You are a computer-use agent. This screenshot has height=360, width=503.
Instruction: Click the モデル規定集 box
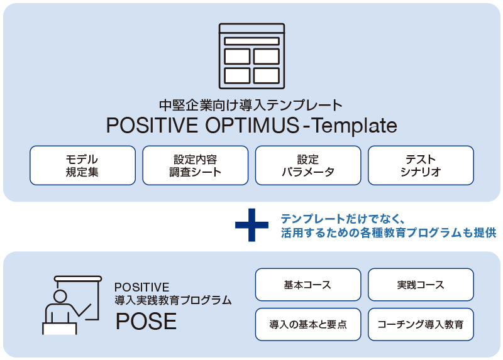(x=82, y=165)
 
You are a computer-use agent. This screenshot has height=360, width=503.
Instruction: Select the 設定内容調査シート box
(x=196, y=165)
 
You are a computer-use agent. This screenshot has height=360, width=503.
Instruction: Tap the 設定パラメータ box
(x=308, y=165)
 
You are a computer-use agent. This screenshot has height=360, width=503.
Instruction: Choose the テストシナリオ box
(x=421, y=165)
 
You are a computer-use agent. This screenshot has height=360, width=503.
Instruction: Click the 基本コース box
(x=308, y=285)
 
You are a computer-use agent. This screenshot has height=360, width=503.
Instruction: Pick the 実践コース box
(x=421, y=285)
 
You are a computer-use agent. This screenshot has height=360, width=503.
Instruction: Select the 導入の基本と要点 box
(x=308, y=324)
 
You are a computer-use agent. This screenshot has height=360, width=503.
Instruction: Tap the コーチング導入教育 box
(x=421, y=324)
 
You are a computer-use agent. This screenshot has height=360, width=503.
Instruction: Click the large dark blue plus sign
(x=252, y=225)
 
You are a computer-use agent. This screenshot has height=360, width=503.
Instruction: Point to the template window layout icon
(x=252, y=56)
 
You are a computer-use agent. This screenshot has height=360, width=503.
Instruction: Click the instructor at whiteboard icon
(x=72, y=305)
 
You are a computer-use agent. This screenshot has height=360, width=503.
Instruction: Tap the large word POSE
(x=146, y=321)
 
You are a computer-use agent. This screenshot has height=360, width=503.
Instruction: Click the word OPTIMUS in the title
(x=252, y=125)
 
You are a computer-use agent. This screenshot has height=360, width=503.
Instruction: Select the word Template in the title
(x=355, y=126)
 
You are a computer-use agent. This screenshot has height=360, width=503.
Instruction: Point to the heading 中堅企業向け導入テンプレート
(x=251, y=105)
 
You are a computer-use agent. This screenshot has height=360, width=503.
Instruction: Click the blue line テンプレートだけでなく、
(x=343, y=219)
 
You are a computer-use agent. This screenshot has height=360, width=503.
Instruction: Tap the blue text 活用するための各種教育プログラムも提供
(x=389, y=232)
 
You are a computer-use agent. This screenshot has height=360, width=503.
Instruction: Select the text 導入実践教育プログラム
(x=174, y=300)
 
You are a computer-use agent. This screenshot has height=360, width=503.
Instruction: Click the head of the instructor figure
(x=60, y=296)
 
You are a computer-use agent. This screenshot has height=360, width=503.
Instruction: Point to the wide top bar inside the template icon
(x=252, y=41)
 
